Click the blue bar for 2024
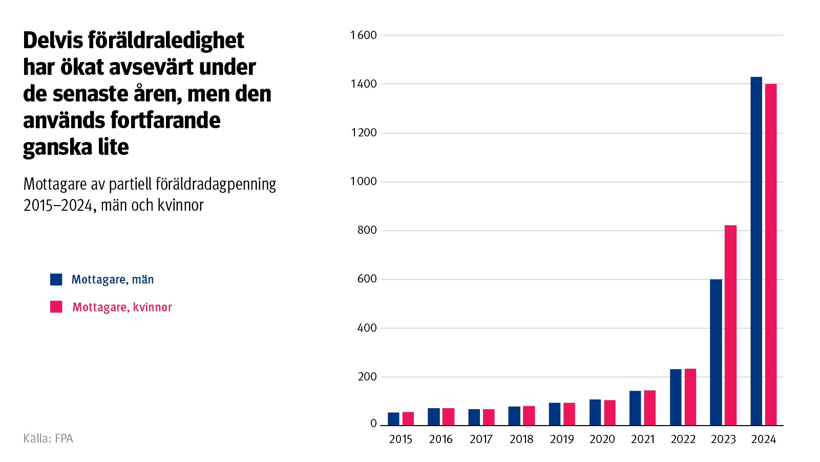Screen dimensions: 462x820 pyautogui.click(x=756, y=251)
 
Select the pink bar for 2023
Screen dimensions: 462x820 pyautogui.click(x=730, y=325)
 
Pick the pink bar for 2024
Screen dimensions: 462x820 pyautogui.click(x=770, y=254)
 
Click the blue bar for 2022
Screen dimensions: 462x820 pyautogui.click(x=676, y=397)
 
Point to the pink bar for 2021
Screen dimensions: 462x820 pyautogui.click(x=649, y=408)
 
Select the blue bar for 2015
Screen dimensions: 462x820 pyautogui.click(x=393, y=419)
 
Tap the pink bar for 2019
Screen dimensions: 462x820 pyautogui.click(x=569, y=414)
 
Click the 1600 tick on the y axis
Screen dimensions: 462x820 pyautogui.click(x=363, y=35)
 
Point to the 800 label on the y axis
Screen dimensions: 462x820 pyautogui.click(x=367, y=230)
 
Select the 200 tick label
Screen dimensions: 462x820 pyautogui.click(x=367, y=377)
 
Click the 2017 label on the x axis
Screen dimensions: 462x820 pyautogui.click(x=481, y=439)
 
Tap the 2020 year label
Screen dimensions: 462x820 pyautogui.click(x=602, y=439)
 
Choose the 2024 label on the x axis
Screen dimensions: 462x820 pyautogui.click(x=763, y=439)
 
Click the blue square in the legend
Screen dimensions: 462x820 pyautogui.click(x=56, y=279)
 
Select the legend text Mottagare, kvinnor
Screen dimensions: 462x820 pyautogui.click(x=122, y=307)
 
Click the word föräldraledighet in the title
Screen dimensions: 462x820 pyautogui.click(x=165, y=41)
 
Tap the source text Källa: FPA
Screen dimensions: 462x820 pyautogui.click(x=48, y=438)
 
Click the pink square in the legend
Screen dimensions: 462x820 pyautogui.click(x=56, y=307)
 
